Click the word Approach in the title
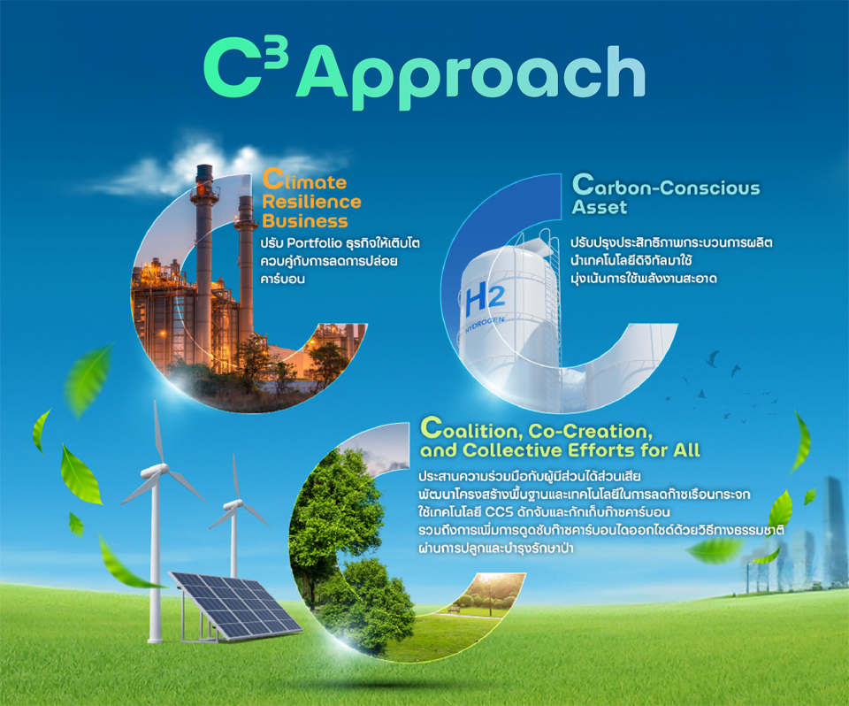point(470,76)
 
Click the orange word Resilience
point(311,202)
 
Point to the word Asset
point(600,207)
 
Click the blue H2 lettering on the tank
point(485,301)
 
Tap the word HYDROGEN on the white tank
point(485,326)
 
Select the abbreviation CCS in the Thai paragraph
point(499,512)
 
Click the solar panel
point(235,606)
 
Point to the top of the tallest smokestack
point(204,167)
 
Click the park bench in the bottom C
point(454,609)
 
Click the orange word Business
point(305,221)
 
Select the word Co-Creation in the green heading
point(590,431)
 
